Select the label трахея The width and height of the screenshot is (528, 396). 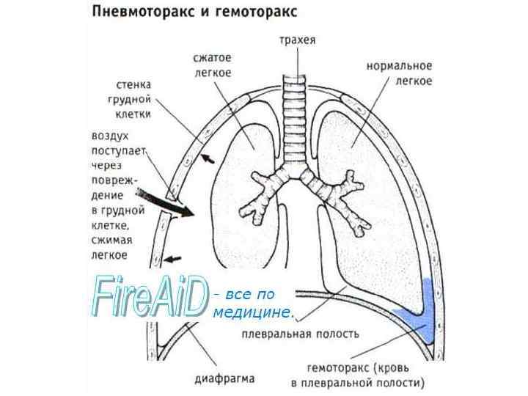click(297, 41)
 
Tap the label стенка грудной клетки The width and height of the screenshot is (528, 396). click(133, 99)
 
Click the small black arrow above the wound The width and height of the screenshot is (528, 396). click(210, 158)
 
